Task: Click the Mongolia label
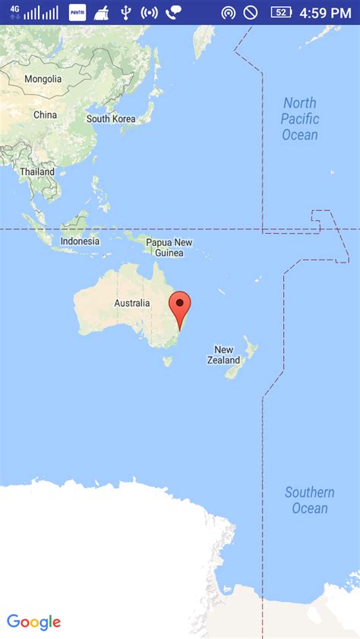point(43,79)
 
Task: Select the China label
point(45,115)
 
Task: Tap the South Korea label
point(111,118)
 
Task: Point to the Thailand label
point(37,172)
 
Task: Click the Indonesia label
point(80,241)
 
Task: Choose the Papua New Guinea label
point(169,247)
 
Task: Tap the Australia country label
point(131,303)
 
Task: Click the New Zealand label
point(223,355)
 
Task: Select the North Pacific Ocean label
point(300,118)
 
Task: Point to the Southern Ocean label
point(310,500)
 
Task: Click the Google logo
point(33,622)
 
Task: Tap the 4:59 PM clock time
point(325,13)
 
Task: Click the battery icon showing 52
point(281,13)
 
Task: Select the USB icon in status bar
point(126,13)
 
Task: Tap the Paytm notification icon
point(77,13)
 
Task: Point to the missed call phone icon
point(174,13)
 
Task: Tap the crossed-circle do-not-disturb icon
point(250,13)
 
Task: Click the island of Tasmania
point(167,361)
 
